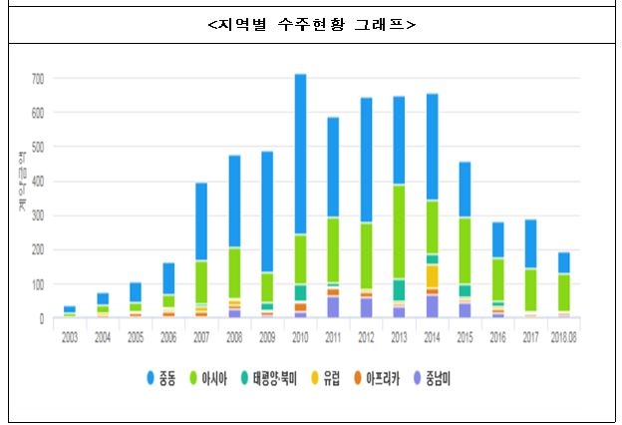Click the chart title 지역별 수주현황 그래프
310,25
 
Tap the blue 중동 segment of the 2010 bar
300,155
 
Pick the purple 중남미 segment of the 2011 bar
333,306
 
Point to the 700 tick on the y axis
38,78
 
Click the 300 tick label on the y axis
38,216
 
